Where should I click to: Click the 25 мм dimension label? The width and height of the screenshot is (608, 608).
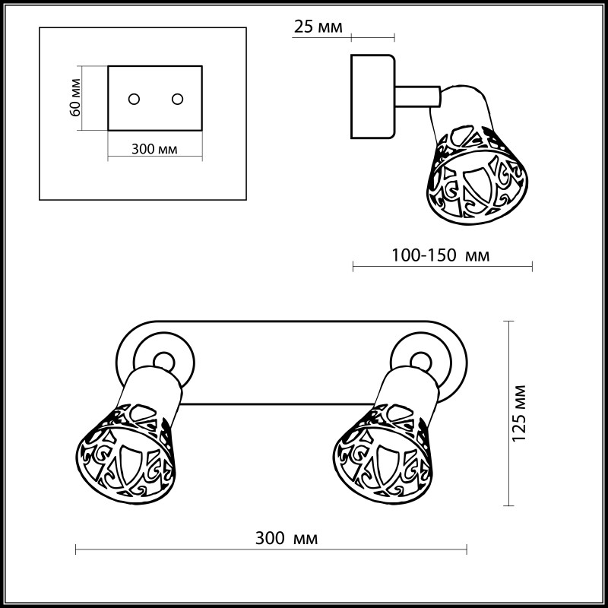[317, 27]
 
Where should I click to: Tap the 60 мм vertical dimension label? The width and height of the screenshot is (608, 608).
[75, 98]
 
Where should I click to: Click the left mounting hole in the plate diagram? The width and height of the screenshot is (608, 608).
[134, 100]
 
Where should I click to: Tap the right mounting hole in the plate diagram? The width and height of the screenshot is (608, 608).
[178, 100]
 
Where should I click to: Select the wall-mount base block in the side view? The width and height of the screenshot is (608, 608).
[372, 97]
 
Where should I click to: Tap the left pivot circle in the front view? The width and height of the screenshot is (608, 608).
[162, 361]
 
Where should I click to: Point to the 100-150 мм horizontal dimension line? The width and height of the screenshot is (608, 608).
[443, 267]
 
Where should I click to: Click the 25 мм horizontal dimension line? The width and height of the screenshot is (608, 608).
[372, 37]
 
